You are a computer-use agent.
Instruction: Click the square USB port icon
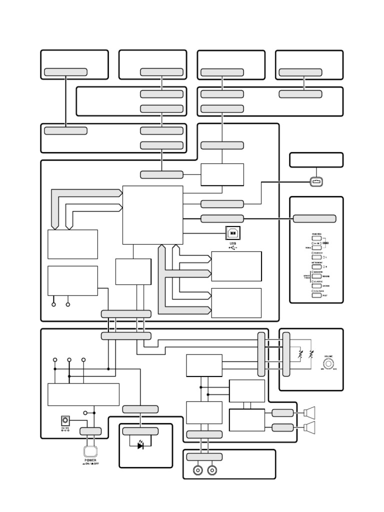pyautogui.click(x=233, y=232)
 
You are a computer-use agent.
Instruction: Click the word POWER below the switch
pyautogui.click(x=90, y=460)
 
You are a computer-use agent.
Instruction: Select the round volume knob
pyautogui.click(x=328, y=364)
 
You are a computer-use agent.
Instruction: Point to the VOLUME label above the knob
pyautogui.click(x=328, y=355)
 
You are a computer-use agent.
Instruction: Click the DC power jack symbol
pyautogui.click(x=64, y=420)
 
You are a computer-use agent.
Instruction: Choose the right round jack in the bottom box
pyautogui.click(x=212, y=470)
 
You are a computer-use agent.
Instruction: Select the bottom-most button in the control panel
pyautogui.click(x=316, y=295)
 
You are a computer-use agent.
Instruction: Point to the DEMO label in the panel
pyautogui.click(x=326, y=242)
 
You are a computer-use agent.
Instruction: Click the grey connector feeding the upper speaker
pyautogui.click(x=282, y=412)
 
